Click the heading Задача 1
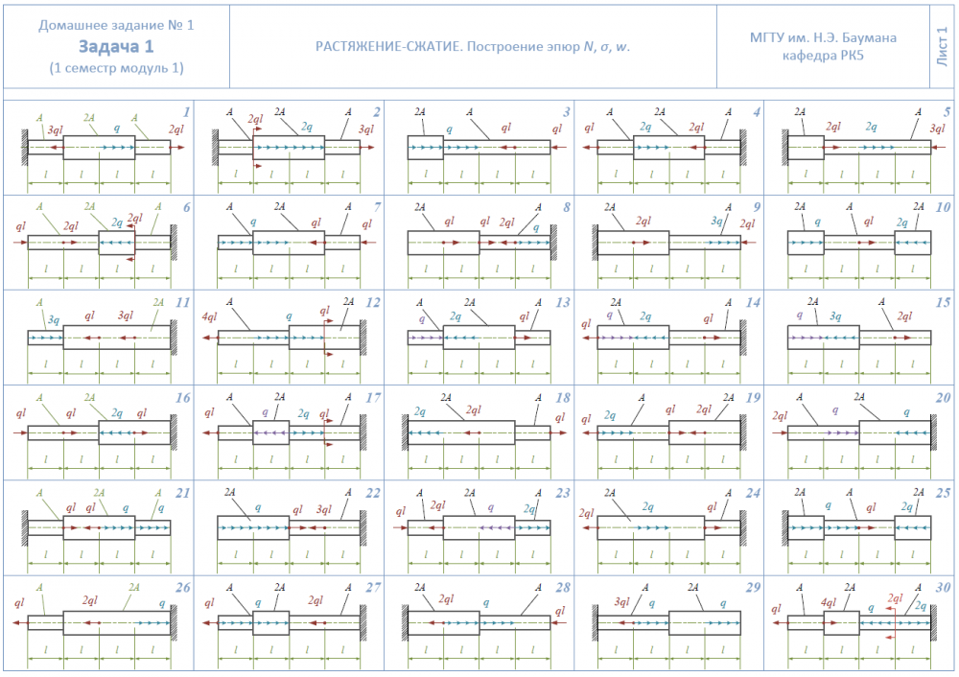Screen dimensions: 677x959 pos(116,46)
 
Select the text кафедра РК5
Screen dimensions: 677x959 pos(824,56)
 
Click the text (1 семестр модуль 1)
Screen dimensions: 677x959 pos(116,68)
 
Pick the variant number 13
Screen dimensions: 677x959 pos(563,302)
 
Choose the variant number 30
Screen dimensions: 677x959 pos(944,587)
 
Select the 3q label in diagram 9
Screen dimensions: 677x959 pos(716,222)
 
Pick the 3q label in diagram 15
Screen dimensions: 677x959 pos(835,315)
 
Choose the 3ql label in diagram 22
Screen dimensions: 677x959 pos(324,509)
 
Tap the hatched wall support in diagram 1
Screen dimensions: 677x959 pos(23,147)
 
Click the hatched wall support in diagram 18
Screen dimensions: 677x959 pos(403,432)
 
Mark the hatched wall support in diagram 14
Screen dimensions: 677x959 pos(743,337)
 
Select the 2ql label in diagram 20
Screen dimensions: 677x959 pos(780,415)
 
